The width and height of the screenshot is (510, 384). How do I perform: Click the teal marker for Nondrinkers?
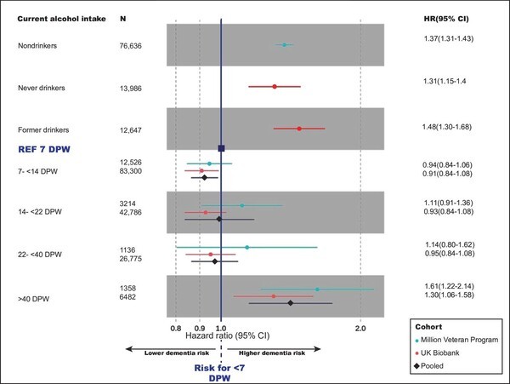coord(284,45)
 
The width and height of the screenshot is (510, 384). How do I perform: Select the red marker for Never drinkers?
coord(275,87)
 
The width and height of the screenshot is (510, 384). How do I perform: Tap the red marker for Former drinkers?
coord(298,129)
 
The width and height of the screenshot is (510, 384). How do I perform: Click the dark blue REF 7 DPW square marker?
coord(221,148)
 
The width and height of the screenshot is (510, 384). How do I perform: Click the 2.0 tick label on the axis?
coord(360,327)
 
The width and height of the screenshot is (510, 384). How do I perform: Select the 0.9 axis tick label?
coord(200,327)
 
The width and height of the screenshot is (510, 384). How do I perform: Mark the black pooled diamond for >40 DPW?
coord(291,303)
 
